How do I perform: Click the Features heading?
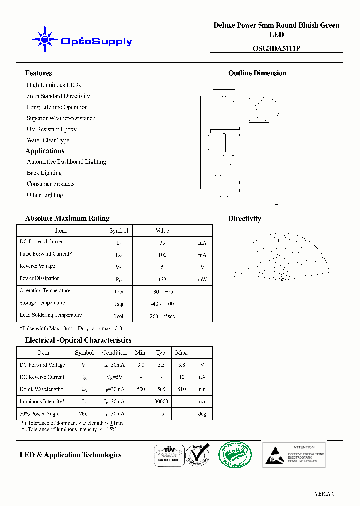coord(38,73)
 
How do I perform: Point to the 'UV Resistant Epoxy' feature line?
coord(51,129)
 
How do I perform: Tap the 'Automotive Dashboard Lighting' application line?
coord(66,162)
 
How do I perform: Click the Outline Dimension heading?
coord(257,73)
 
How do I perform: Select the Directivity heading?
coord(244,218)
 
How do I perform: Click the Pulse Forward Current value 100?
coord(162,255)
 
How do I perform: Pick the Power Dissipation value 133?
coord(162,279)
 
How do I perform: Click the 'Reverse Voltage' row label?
coord(37,266)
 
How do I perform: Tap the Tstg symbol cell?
coord(119,304)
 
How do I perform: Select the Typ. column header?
coord(161,352)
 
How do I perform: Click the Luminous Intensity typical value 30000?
coord(161,401)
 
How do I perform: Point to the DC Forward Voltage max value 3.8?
coord(181,365)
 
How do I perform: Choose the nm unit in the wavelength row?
coord(202,389)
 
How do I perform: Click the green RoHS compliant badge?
coord(235,454)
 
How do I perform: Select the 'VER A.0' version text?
coord(324,494)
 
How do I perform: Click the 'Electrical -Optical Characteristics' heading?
coord(78,340)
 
